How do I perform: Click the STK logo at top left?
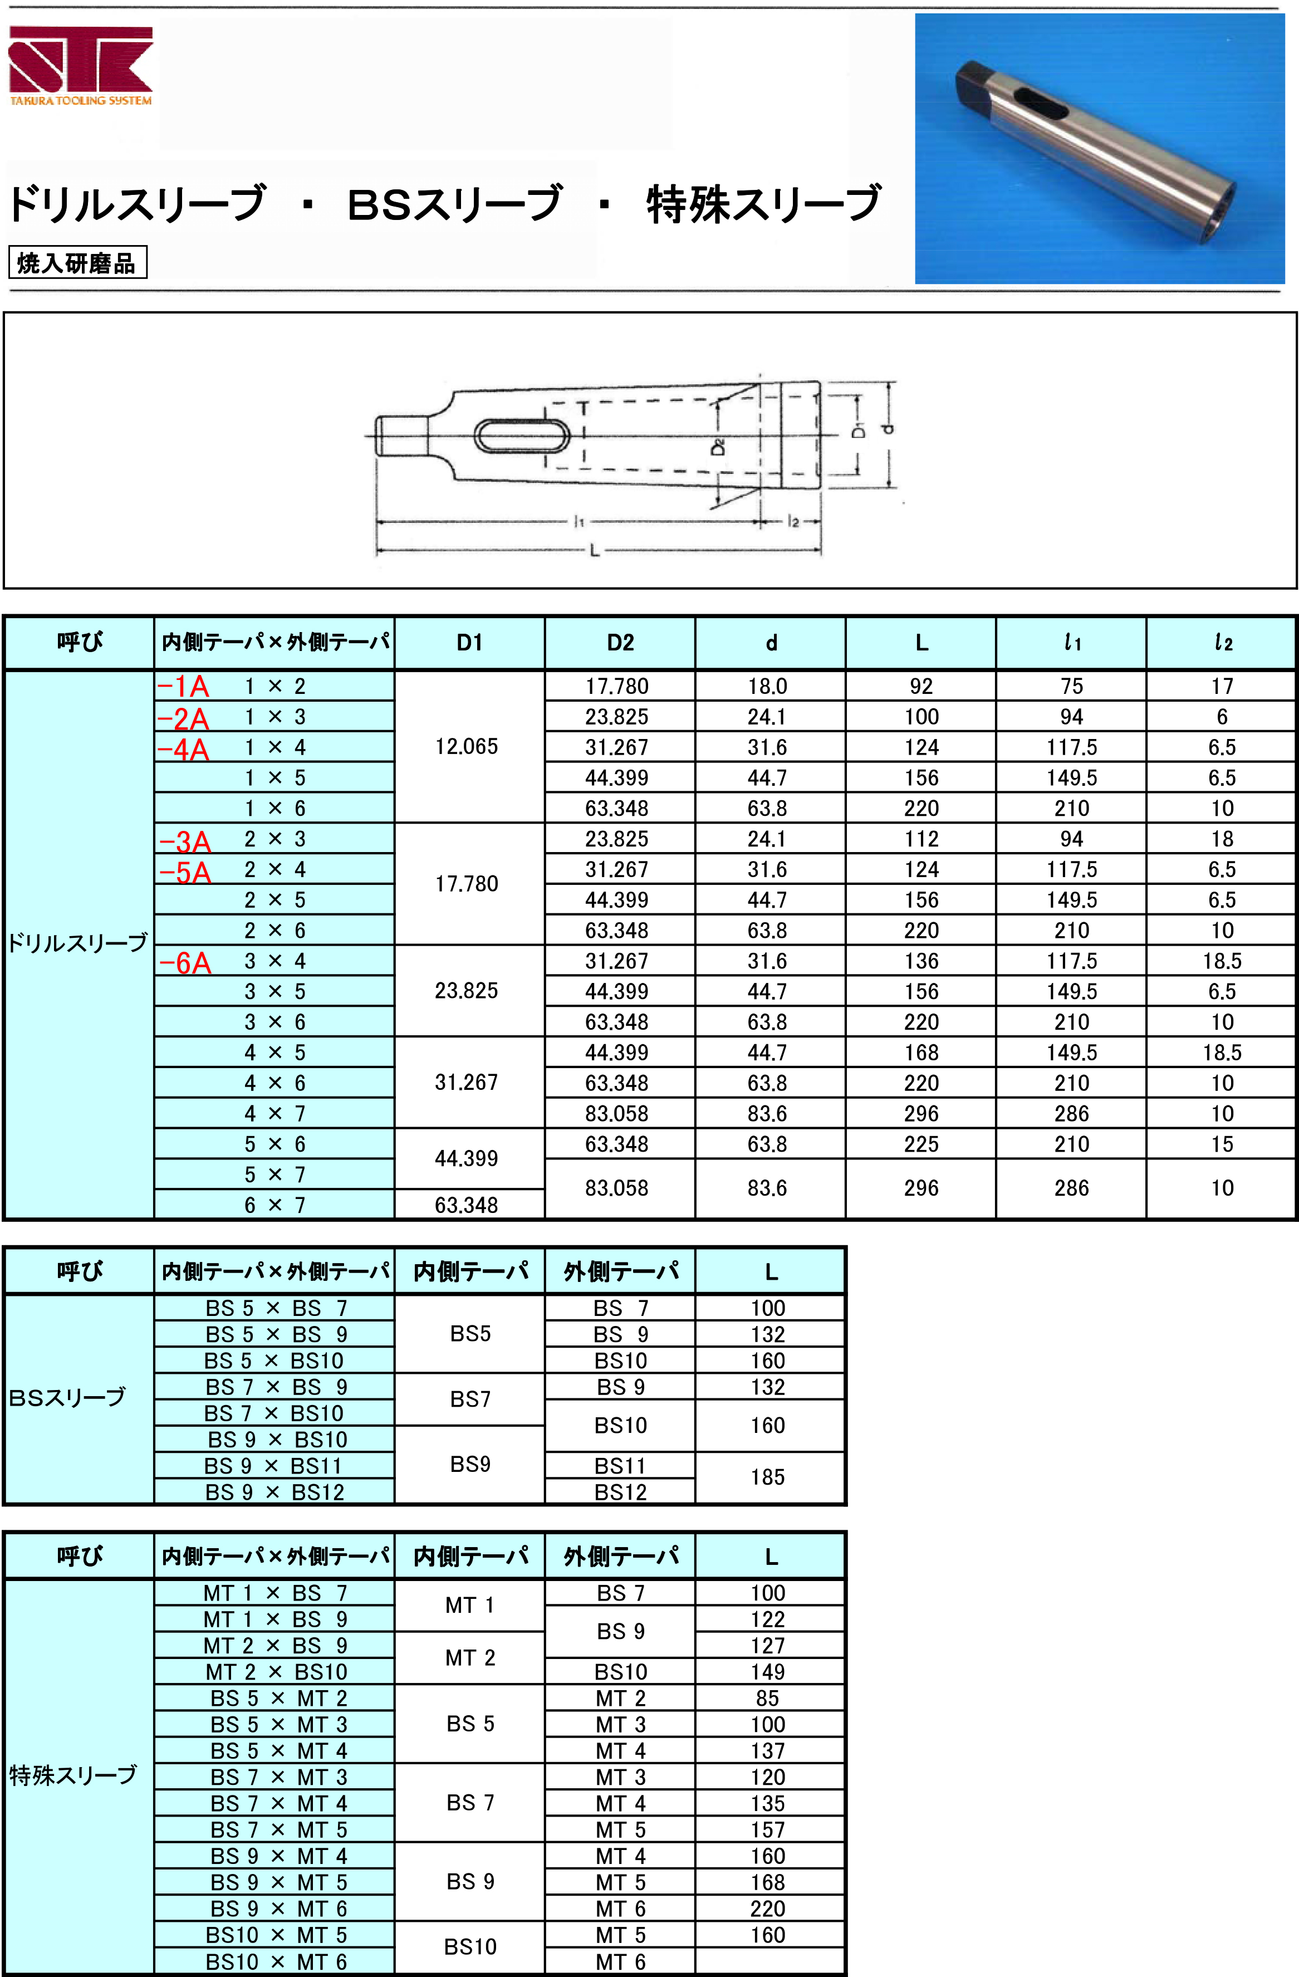[81, 65]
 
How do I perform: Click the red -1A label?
[184, 686]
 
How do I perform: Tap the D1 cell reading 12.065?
[467, 746]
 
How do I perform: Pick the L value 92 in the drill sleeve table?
[921, 686]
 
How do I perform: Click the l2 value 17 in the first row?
[1222, 686]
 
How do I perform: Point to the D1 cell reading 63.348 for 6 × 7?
[467, 1205]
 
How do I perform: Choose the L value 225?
[921, 1144]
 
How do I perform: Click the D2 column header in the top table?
[620, 642]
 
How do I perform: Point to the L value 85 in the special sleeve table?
[767, 1698]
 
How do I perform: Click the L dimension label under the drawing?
[595, 550]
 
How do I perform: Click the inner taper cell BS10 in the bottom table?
[470, 1946]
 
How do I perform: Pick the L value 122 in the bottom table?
[767, 1619]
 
